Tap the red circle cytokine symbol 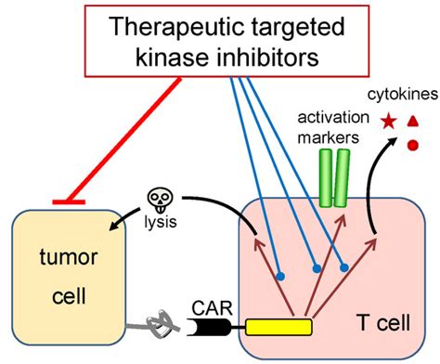(412, 144)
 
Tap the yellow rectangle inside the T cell (278, 326)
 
